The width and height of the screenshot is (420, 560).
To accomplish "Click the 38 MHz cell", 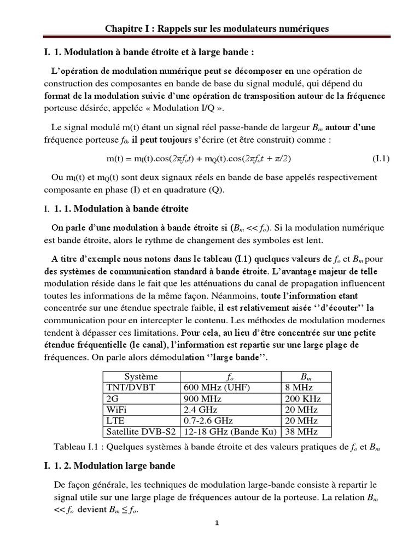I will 298,431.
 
